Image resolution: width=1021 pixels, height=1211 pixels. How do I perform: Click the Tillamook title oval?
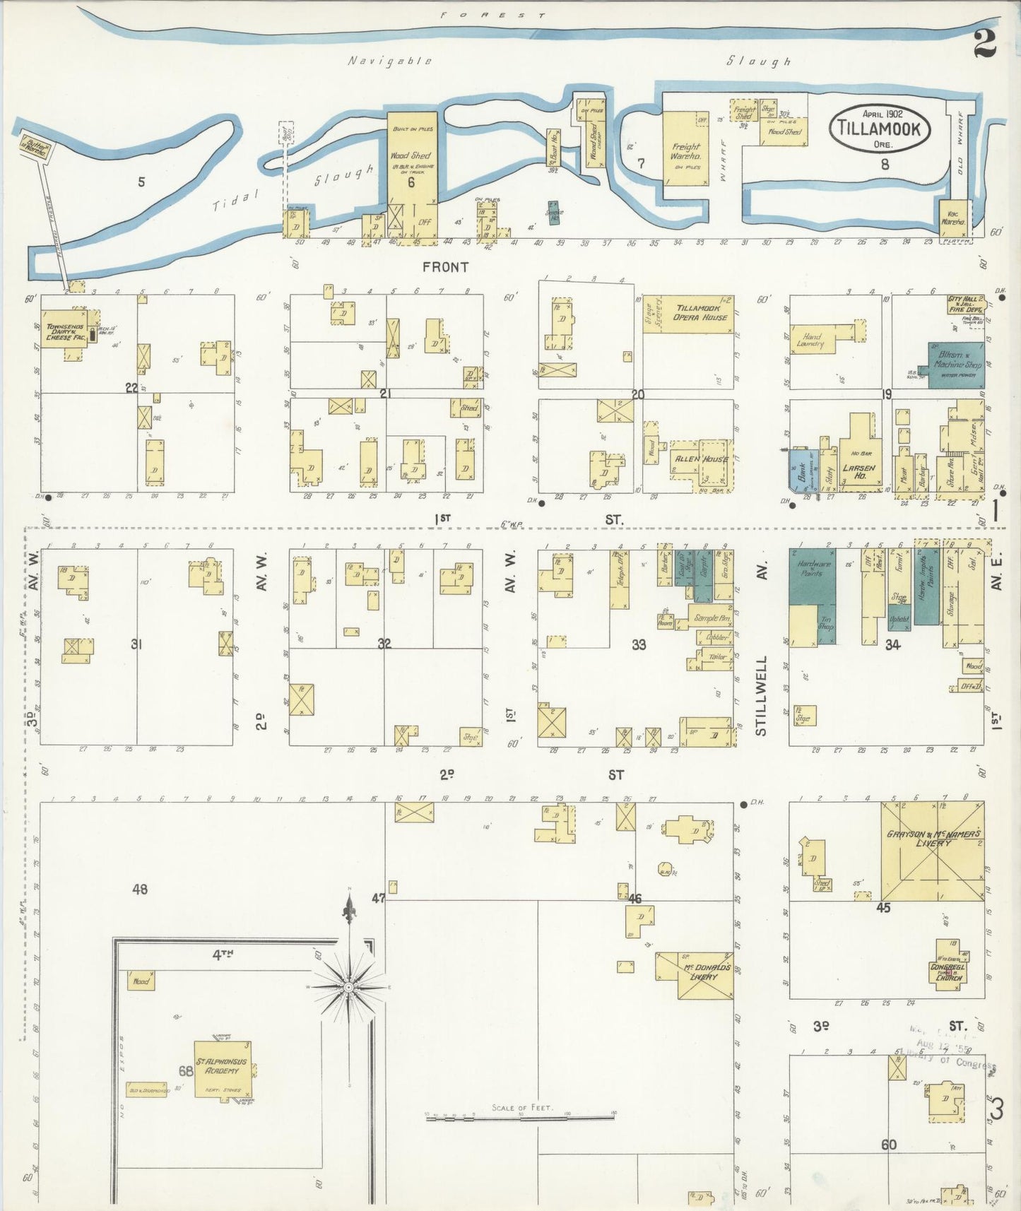click(x=879, y=129)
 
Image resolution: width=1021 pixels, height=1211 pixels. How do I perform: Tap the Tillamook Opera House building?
click(x=696, y=313)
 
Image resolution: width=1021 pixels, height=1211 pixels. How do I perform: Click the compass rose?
click(x=349, y=986)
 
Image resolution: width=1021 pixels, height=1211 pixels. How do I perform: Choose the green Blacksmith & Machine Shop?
click(x=955, y=365)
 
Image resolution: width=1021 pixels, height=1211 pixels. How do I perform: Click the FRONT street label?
click(x=445, y=267)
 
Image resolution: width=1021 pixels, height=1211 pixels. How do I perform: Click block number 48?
click(x=140, y=888)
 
